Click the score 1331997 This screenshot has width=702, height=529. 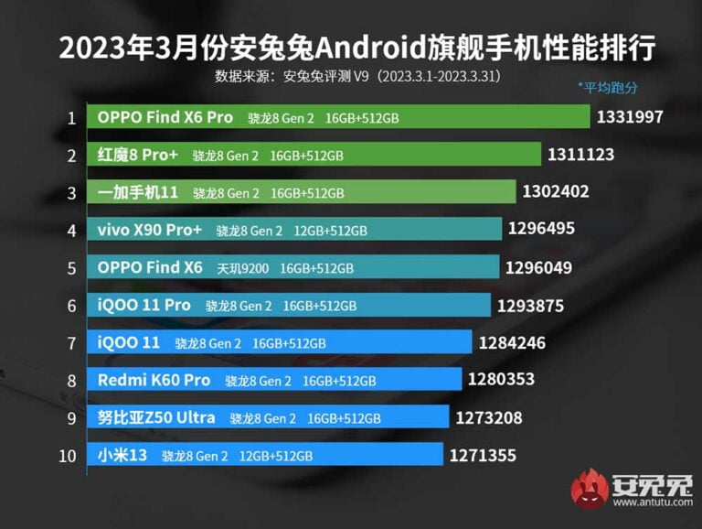click(x=630, y=117)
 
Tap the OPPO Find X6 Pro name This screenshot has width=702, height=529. click(x=165, y=117)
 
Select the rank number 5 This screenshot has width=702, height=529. click(x=70, y=267)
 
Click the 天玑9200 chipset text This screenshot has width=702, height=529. click(x=243, y=268)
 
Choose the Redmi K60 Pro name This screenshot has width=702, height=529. click(x=154, y=380)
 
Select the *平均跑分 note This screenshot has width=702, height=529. click(x=607, y=88)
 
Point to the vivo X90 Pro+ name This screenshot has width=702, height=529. click(x=149, y=230)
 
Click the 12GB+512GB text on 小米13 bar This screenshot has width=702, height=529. click(x=276, y=456)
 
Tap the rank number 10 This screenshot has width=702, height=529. click(x=69, y=455)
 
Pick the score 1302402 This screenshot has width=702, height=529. click(x=556, y=192)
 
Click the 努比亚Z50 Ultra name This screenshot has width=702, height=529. click(x=156, y=417)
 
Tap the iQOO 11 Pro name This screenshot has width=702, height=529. click(x=144, y=305)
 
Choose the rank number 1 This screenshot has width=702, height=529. click(x=70, y=117)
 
